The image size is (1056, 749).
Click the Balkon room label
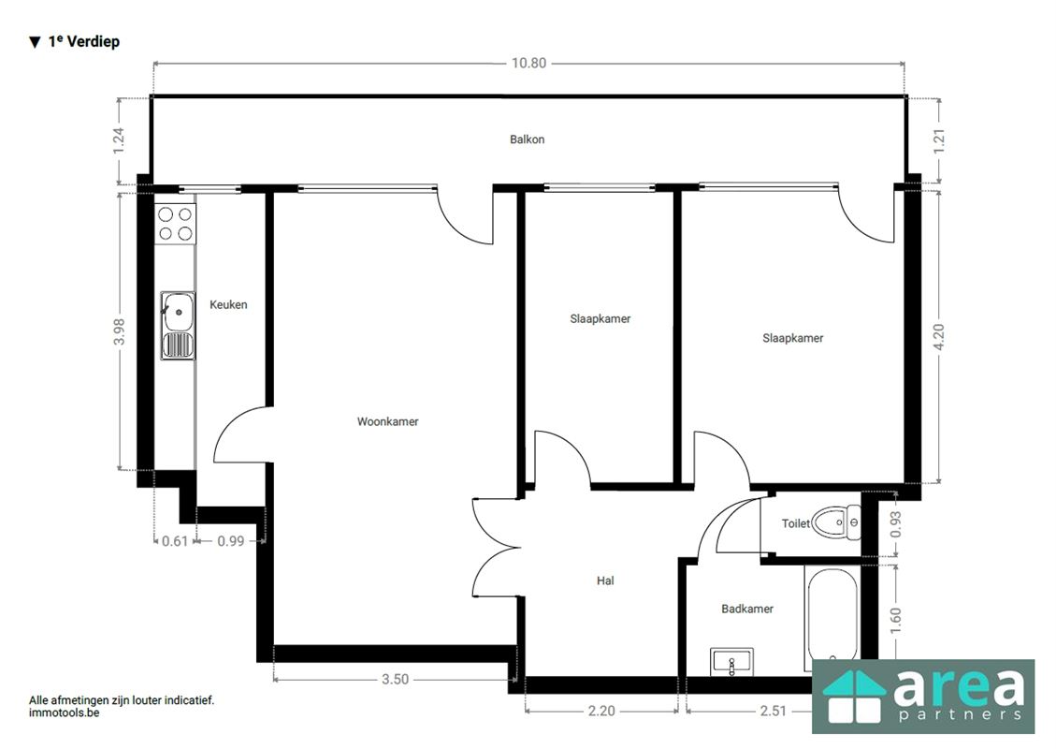click(527, 140)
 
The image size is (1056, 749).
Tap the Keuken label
click(228, 304)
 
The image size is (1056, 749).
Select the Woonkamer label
click(388, 421)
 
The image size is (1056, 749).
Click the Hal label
click(605, 580)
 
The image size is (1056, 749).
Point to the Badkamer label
click(747, 609)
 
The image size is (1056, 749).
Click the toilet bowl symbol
click(836, 522)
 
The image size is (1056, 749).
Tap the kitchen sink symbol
click(178, 326)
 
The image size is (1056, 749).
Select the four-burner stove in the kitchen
click(175, 224)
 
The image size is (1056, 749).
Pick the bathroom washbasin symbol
click(732, 661)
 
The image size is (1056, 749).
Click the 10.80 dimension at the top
click(528, 63)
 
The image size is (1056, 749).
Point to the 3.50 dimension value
click(396, 679)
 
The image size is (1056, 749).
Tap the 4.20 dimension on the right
click(939, 336)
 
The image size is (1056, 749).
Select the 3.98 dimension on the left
click(119, 331)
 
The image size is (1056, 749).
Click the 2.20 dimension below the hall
click(601, 711)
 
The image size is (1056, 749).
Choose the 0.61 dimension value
click(175, 540)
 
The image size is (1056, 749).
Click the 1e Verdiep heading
click(83, 42)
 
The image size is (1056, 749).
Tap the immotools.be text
click(64, 712)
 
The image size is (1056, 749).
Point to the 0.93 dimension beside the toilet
click(895, 523)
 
